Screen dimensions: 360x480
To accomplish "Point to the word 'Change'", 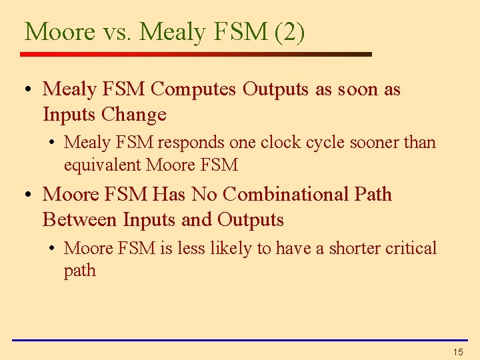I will tap(134, 115).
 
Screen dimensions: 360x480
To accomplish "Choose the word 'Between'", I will tap(76, 220).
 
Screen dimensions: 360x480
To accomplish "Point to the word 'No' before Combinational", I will tap(205, 195).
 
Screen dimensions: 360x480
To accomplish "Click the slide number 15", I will tap(457, 351).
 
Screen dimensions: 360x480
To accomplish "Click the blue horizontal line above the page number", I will tap(240, 340).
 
